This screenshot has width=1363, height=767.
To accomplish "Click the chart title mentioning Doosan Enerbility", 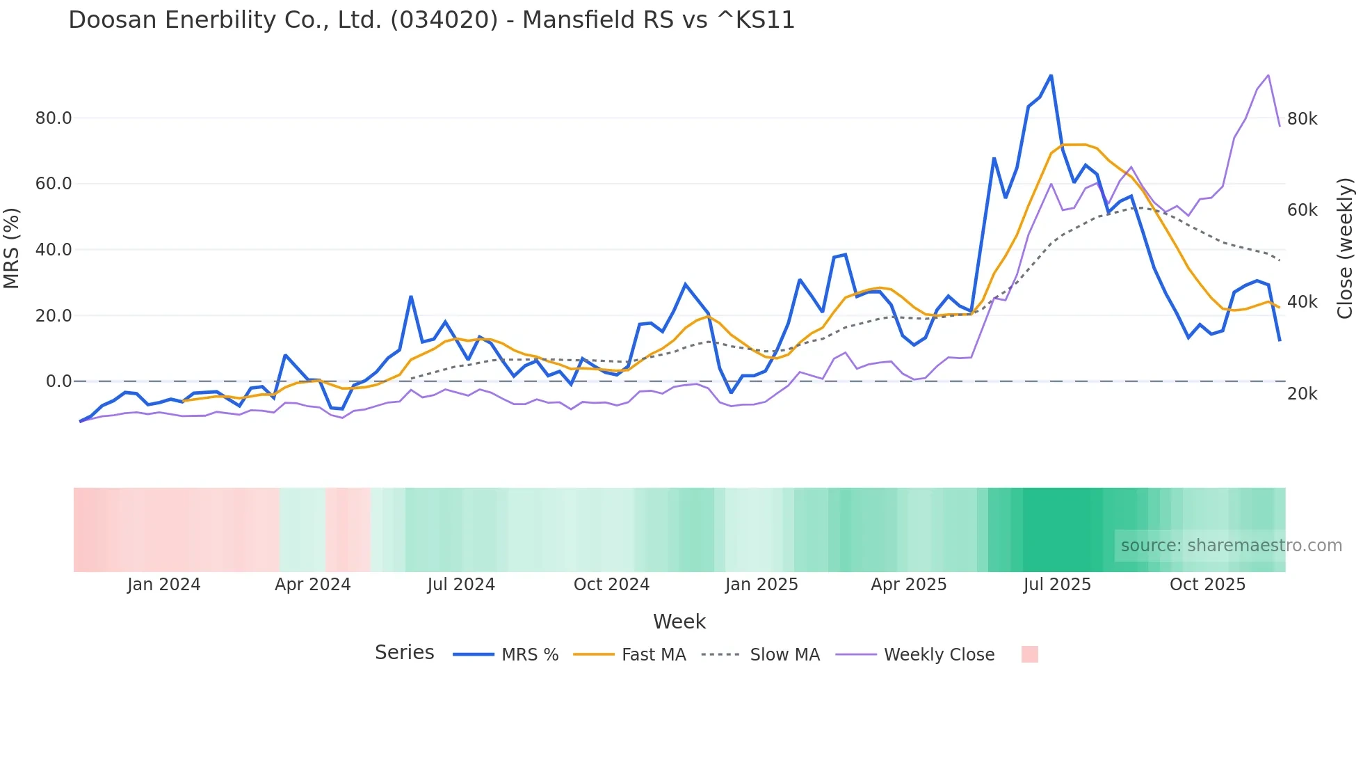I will coord(431,20).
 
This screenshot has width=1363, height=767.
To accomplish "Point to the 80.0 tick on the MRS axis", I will coord(54,118).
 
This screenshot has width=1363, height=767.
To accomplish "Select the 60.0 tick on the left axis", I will coord(54,184).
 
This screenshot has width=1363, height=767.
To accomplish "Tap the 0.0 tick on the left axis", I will coord(59,381).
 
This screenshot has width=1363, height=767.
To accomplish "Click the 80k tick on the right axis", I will coord(1302,119).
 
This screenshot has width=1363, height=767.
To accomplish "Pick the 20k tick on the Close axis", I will coord(1302,394).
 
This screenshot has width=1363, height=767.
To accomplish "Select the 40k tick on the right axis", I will coord(1302,302).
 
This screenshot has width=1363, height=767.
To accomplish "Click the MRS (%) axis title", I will coord(12,248).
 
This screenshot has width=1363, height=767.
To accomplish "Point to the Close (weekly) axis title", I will coord(1345,248).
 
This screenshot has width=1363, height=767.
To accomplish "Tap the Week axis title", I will coord(679,622).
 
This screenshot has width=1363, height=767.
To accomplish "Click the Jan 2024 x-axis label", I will coord(163,585).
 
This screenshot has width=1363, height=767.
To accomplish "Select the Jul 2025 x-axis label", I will coord(1057,585).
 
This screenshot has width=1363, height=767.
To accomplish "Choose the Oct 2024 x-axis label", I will coord(611,585).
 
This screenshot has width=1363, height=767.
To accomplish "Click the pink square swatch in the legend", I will coord(1029,654).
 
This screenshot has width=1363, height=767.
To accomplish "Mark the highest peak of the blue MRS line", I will coord(1051,75).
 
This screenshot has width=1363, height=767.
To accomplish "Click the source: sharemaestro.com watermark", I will coord(1231,546).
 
